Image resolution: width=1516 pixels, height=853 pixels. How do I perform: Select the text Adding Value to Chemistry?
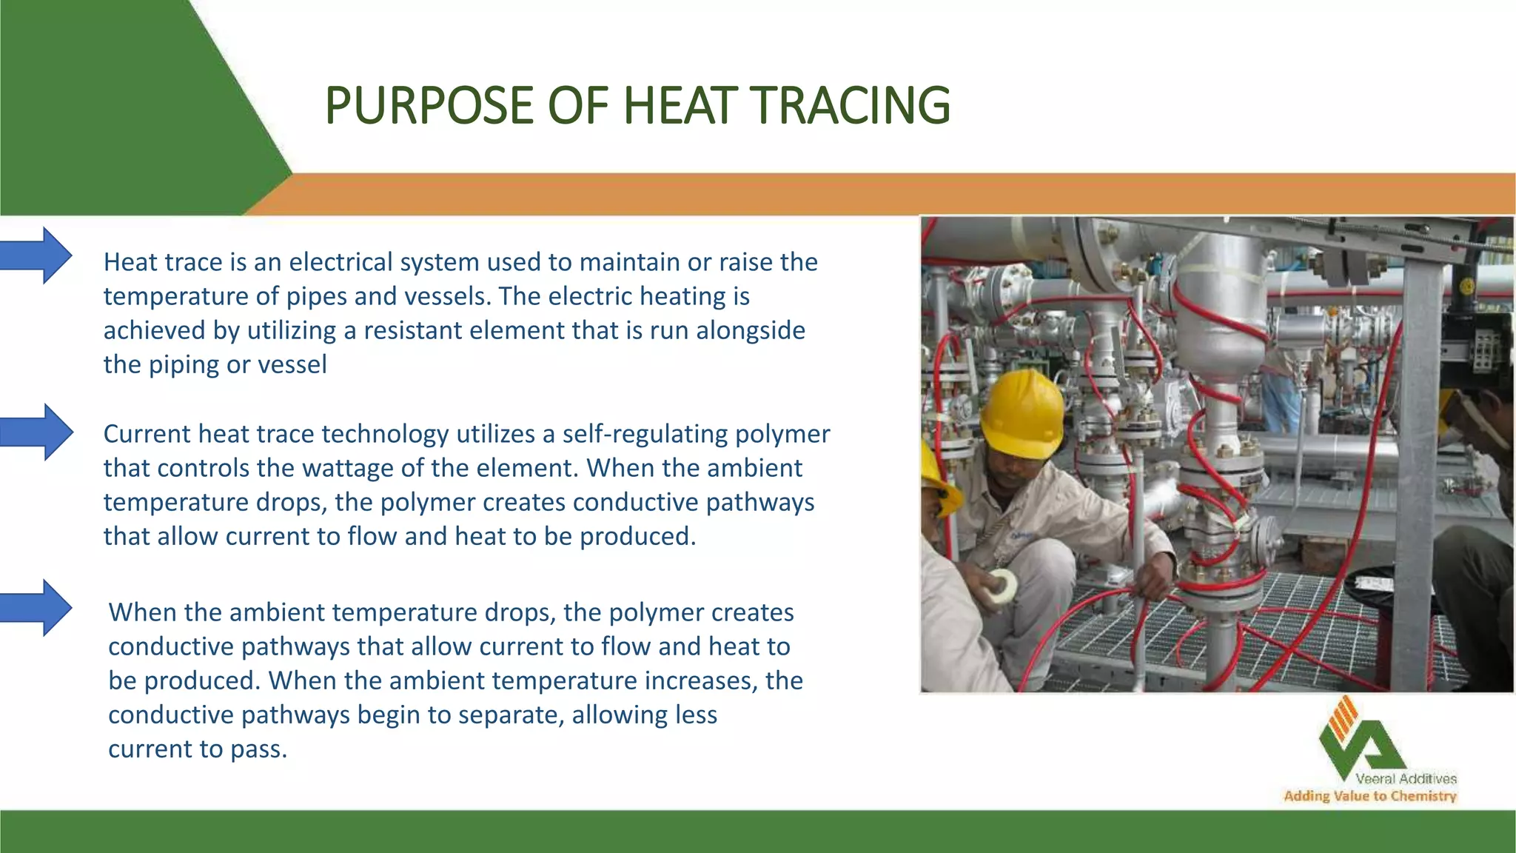coord(1369,797)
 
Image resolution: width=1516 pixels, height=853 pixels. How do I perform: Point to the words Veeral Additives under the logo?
coord(1406,779)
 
